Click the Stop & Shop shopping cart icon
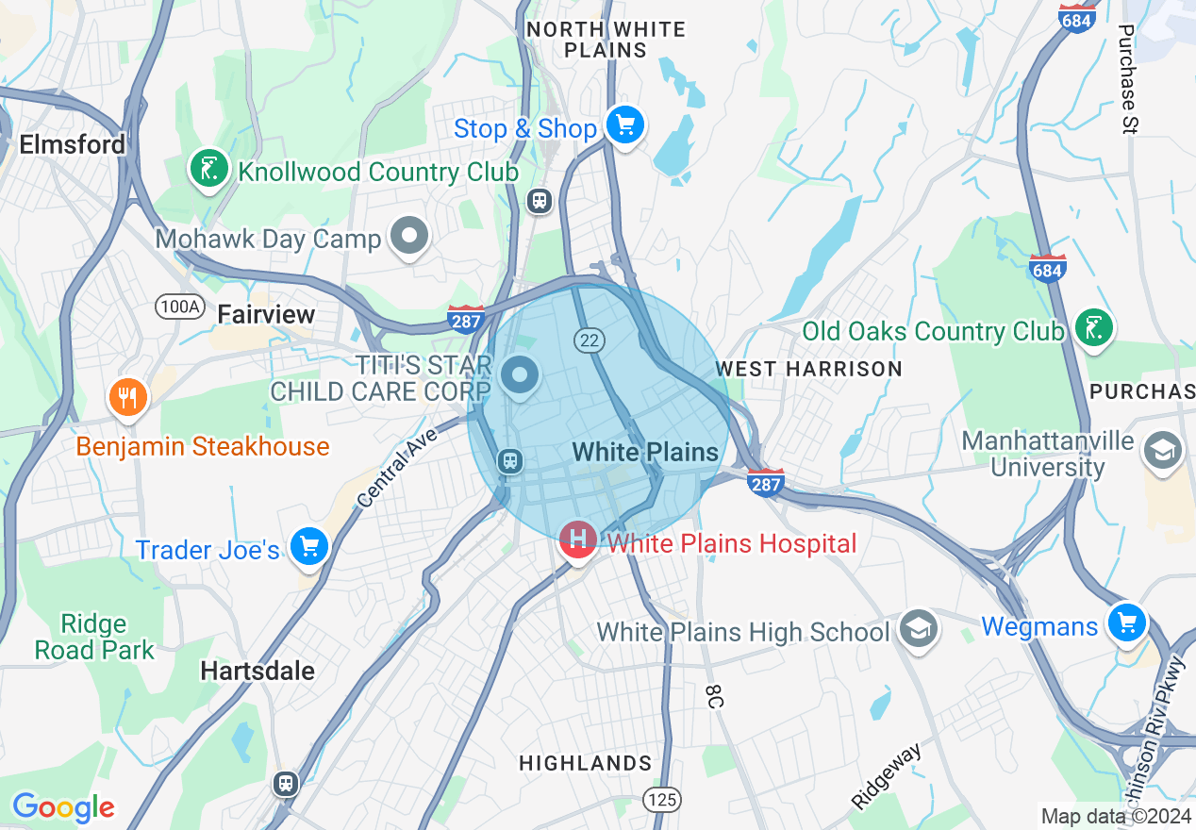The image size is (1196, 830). [x=624, y=124]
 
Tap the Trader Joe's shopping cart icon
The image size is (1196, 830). [x=308, y=547]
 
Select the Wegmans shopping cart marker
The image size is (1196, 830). [x=1126, y=623]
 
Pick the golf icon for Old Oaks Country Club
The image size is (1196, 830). [x=1093, y=328]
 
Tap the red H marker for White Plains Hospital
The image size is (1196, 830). [x=577, y=539]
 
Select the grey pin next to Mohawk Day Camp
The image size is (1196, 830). [x=409, y=236]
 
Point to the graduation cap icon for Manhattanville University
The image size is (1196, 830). [x=1162, y=451]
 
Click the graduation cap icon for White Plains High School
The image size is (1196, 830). [x=916, y=629]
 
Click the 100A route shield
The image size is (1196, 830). [x=180, y=307]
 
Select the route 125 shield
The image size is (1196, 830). [x=662, y=800]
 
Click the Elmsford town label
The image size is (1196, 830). [x=73, y=144]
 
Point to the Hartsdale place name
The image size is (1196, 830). [x=257, y=671]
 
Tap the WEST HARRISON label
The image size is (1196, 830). [x=808, y=369]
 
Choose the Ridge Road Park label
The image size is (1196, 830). [x=93, y=638]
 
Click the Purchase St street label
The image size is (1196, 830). [x=1126, y=79]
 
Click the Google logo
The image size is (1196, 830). [x=63, y=807]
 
